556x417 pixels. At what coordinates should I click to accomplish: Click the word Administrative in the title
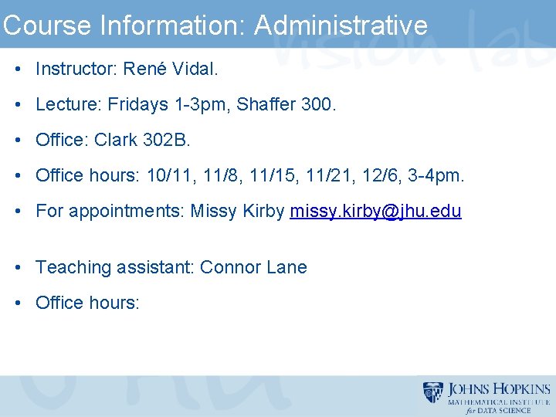tap(341, 25)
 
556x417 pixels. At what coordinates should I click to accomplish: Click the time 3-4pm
tap(439, 175)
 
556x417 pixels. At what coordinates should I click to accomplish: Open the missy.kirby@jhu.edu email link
tap(375, 211)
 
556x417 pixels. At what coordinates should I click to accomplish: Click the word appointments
tap(127, 211)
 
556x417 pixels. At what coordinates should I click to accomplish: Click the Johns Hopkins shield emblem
tap(433, 393)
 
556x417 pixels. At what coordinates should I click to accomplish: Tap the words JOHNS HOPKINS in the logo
tap(499, 389)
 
